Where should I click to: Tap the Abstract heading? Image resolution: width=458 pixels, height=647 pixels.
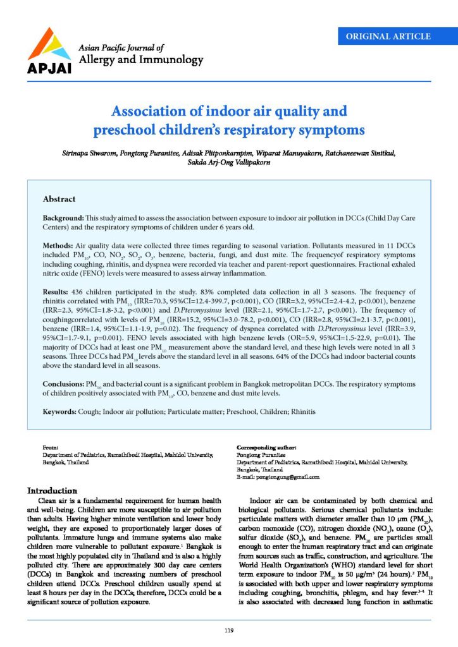pyautogui.click(x=59, y=199)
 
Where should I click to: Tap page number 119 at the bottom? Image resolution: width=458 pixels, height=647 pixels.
pyautogui.click(x=229, y=630)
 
